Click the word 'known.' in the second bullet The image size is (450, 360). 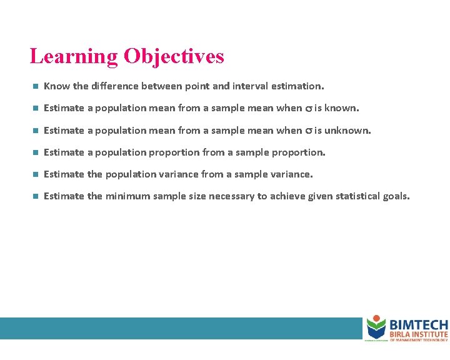[x=342, y=108]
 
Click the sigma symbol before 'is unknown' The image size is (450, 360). [x=308, y=131]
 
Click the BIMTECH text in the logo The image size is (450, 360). [x=418, y=324]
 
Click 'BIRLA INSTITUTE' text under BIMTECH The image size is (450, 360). [x=418, y=334]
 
